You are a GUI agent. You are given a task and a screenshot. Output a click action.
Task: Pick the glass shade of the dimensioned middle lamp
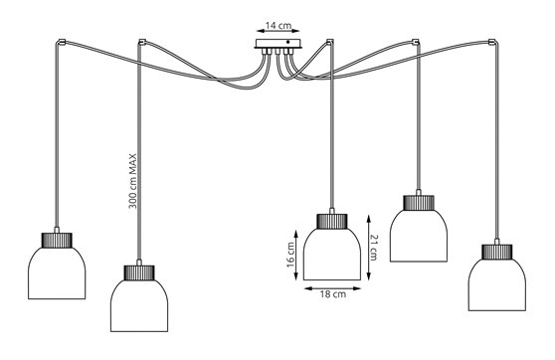[x=332, y=256]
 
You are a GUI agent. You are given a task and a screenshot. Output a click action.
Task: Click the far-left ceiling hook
[x=62, y=43]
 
